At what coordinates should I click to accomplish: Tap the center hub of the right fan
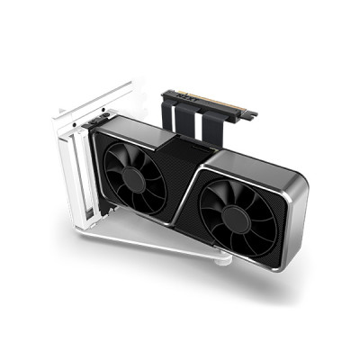point(237,217)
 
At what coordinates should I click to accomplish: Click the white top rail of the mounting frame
point(90,101)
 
